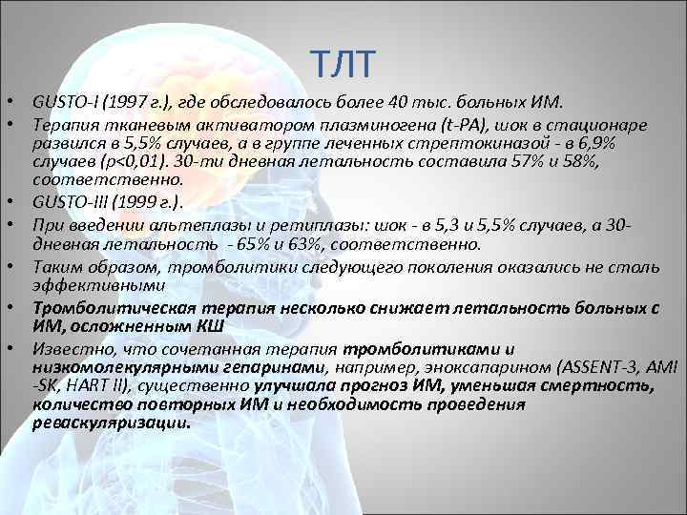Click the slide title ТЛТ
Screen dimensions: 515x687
tap(345, 64)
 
